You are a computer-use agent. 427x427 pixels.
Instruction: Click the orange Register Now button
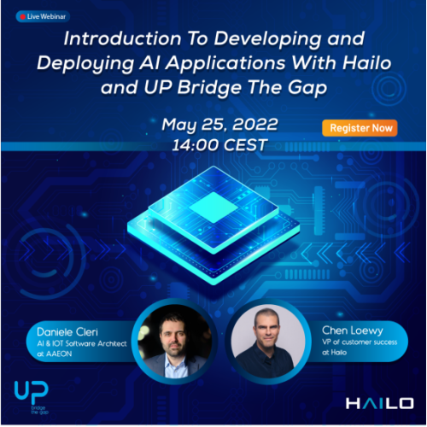click(360, 128)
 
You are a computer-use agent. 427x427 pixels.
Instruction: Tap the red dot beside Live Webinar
click(23, 17)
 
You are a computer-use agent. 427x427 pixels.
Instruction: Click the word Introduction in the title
click(122, 38)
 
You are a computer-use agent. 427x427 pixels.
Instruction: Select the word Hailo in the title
click(367, 62)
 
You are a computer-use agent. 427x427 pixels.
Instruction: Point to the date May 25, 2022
click(219, 125)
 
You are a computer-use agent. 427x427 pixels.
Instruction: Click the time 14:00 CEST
click(219, 145)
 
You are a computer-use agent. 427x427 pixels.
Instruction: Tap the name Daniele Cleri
click(67, 332)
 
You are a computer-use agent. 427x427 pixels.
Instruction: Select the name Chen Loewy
click(353, 330)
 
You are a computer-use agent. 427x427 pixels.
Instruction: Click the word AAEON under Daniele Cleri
click(59, 354)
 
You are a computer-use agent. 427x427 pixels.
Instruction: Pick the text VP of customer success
click(360, 342)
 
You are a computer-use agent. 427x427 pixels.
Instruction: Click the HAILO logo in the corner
click(379, 403)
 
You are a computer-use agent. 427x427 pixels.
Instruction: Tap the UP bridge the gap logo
click(32, 397)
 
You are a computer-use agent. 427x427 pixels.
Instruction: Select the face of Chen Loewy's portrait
click(267, 330)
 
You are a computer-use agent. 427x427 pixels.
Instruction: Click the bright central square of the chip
click(213, 208)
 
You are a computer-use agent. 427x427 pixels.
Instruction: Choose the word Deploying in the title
click(85, 64)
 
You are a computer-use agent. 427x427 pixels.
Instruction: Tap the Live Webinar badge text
click(46, 17)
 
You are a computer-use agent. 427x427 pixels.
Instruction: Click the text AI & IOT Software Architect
click(82, 343)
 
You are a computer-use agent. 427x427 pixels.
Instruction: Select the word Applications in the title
click(225, 64)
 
